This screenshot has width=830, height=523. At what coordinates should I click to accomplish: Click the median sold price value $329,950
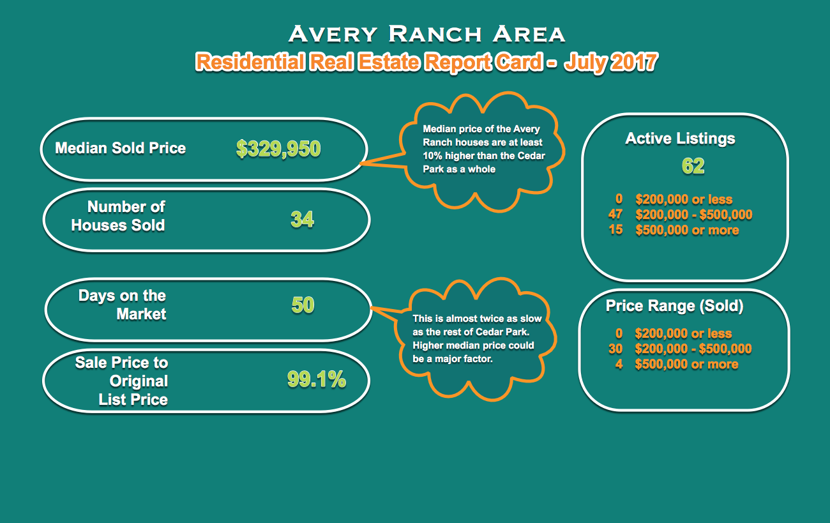tap(278, 149)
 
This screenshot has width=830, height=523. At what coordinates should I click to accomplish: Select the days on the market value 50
tap(303, 305)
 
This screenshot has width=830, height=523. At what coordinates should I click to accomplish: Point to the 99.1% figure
tap(317, 379)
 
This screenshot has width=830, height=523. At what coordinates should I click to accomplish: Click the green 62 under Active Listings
tap(693, 165)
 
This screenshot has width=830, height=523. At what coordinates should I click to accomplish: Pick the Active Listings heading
tap(680, 139)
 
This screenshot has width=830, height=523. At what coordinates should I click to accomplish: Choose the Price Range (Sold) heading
tap(674, 306)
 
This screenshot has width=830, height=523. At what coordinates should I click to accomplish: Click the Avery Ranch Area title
tap(426, 34)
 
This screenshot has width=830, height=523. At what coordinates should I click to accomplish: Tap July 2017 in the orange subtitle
tap(610, 62)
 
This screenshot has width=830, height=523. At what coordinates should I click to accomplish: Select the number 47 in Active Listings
tap(615, 214)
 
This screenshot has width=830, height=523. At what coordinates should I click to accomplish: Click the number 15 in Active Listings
tap(615, 230)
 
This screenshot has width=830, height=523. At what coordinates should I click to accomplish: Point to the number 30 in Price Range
tap(615, 349)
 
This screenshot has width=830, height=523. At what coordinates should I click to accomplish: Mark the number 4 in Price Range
tap(619, 364)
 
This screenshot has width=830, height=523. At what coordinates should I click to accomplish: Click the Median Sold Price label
tap(121, 148)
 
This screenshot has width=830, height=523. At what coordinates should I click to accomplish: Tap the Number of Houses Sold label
tap(118, 216)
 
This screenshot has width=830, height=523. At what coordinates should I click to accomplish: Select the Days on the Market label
tap(123, 305)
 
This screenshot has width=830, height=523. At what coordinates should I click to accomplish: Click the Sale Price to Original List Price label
tap(121, 381)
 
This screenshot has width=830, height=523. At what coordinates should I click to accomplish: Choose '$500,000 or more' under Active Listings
tap(688, 230)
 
